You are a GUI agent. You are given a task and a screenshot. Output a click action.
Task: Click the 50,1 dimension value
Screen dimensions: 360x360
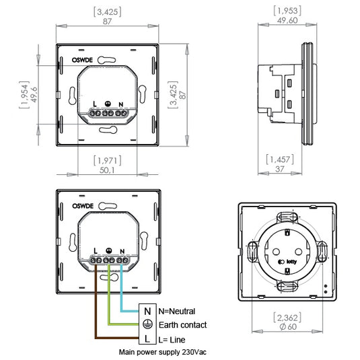click(108, 170)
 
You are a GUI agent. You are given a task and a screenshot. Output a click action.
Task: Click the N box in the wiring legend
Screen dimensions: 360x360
click(147, 311)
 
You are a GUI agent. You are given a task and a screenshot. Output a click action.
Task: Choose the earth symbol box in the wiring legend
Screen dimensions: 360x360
click(147, 325)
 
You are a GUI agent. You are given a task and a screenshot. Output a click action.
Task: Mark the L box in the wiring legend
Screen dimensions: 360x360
click(147, 339)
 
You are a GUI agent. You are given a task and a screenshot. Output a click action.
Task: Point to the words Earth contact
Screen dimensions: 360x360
click(182, 325)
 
